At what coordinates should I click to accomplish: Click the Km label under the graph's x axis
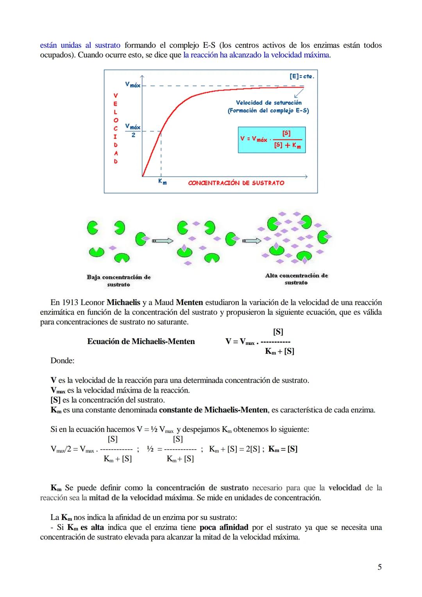pos(162,182)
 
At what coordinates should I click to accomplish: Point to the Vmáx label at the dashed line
pos(132,84)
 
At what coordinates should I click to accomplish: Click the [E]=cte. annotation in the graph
pos(301,76)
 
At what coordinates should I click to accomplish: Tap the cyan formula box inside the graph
pos(272,140)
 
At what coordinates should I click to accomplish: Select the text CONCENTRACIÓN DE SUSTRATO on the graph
pos(236,183)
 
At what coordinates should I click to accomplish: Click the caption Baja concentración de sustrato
pos(118,281)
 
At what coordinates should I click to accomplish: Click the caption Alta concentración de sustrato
pos(296,279)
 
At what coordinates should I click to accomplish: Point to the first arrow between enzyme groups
pos(163,241)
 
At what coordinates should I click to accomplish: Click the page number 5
pos(379,567)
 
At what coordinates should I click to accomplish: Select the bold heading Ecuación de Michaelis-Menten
pos(141,342)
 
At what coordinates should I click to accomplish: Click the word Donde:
pos(63,361)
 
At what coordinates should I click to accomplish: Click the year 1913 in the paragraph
pos(70,303)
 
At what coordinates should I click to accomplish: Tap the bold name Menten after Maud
pos(190,303)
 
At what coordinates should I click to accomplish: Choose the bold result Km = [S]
pos(283,449)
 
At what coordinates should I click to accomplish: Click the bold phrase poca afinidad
pos(224,527)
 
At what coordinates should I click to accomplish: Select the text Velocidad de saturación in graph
pos(268,103)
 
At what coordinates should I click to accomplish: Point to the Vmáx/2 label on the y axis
pos(133,131)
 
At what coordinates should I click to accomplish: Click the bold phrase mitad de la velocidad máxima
pos(141,498)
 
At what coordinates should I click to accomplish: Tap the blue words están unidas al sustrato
pos(80,45)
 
